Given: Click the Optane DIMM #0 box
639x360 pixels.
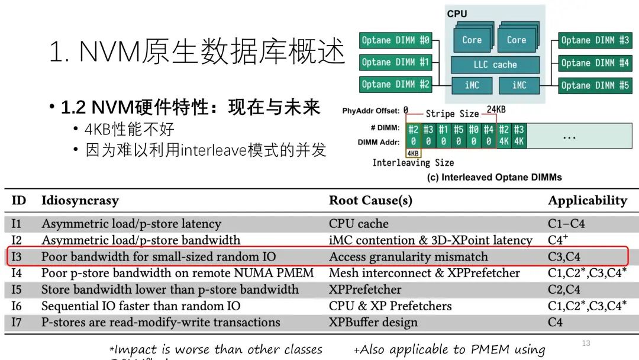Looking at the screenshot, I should pyautogui.click(x=395, y=41).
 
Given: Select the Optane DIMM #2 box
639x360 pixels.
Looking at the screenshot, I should pyautogui.click(x=395, y=85).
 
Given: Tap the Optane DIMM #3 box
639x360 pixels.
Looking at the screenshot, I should pyautogui.click(x=595, y=41).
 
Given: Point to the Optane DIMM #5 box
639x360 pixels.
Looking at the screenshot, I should pyautogui.click(x=595, y=85).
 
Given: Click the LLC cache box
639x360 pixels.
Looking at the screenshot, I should pyautogui.click(x=495, y=65).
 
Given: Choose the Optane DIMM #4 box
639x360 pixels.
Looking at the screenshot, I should pyautogui.click(x=595, y=63).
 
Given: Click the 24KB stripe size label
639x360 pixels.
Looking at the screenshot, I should pyautogui.click(x=496, y=110).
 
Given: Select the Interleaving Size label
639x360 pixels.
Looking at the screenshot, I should pyautogui.click(x=413, y=163).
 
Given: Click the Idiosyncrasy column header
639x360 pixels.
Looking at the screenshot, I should pyautogui.click(x=80, y=201).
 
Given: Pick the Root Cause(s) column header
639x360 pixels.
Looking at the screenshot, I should pyautogui.click(x=370, y=201).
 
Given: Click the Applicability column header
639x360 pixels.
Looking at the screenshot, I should pyautogui.click(x=587, y=201).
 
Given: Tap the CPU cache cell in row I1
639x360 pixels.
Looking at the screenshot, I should pyautogui.click(x=359, y=224).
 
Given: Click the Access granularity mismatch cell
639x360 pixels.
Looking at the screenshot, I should pyautogui.click(x=408, y=257).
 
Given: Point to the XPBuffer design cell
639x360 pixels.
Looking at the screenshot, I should pyautogui.click(x=373, y=323).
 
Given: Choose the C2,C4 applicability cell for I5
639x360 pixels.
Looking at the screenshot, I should pyautogui.click(x=564, y=290).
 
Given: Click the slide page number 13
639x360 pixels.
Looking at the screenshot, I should pyautogui.click(x=586, y=343).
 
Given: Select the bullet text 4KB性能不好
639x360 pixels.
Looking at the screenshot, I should pyautogui.click(x=130, y=129).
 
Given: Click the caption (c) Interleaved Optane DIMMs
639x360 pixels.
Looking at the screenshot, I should pyautogui.click(x=494, y=177).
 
